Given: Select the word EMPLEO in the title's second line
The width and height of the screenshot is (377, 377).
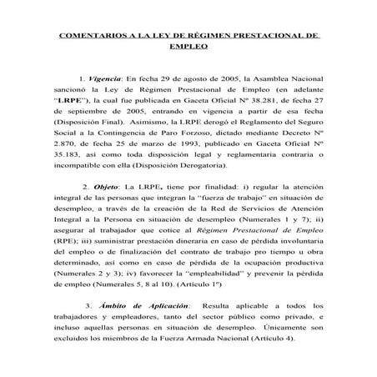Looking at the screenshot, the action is [188, 49].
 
